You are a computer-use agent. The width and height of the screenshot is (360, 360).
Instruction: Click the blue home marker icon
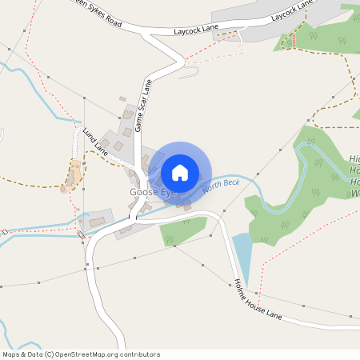coord(180,172)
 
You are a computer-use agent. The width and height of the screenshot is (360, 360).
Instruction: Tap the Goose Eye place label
coord(151,193)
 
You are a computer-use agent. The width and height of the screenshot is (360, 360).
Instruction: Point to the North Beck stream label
coord(221,186)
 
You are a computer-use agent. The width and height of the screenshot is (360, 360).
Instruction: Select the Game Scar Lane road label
coord(143,105)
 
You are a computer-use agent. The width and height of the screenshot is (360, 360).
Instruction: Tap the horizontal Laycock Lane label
coord(196,30)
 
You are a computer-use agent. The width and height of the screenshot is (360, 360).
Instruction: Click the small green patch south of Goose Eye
coord(178,232)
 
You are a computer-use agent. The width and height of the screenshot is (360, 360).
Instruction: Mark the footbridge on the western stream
coord(82,234)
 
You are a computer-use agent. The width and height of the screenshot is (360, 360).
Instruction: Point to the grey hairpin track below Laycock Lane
coord(189,73)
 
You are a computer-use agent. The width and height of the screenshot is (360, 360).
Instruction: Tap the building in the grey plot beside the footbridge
coord(98,220)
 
